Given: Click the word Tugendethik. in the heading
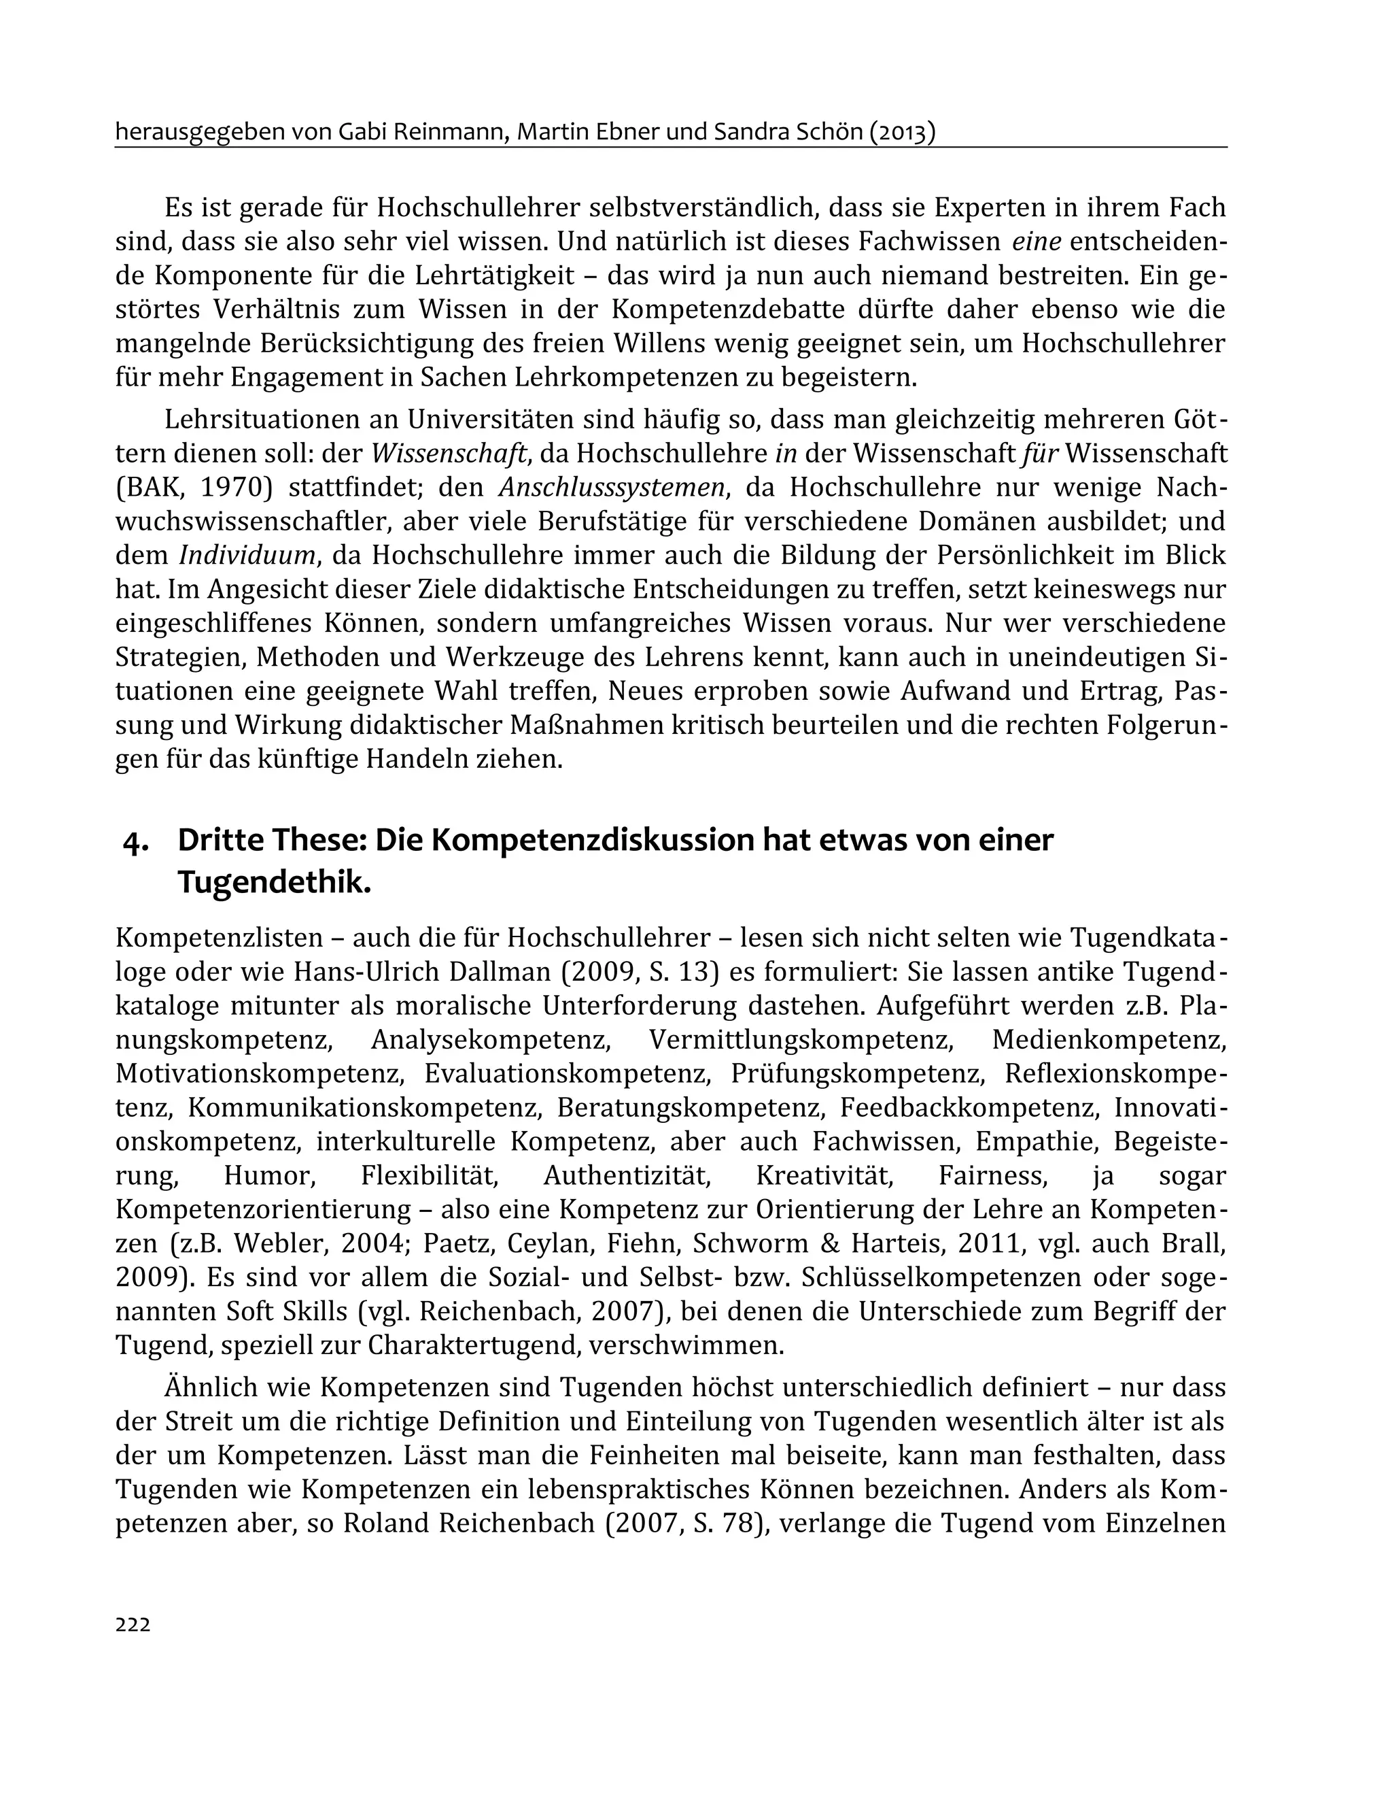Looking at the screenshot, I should (274, 883).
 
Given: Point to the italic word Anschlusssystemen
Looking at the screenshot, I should (613, 488).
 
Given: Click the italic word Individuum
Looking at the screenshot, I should (248, 556).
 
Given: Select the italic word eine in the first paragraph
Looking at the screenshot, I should (1037, 242).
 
